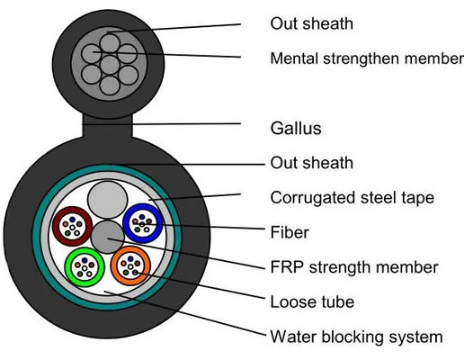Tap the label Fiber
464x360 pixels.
tap(290, 232)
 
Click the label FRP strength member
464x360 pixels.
tap(354, 267)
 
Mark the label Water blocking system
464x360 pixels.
tap(356, 337)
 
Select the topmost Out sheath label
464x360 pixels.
tap(311, 23)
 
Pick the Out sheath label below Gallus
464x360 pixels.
tap(311, 163)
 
